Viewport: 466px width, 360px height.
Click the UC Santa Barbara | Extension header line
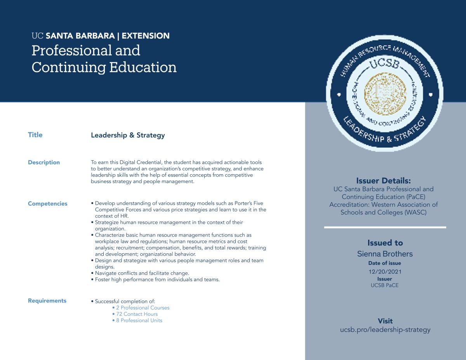click(101, 36)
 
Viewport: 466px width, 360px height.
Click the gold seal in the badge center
click(384, 92)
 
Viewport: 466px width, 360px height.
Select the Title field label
click(35, 135)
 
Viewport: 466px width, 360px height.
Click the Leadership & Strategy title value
click(128, 135)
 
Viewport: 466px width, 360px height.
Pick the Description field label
click(44, 163)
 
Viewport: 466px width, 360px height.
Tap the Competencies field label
click(47, 204)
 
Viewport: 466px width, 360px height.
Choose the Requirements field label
click(47, 301)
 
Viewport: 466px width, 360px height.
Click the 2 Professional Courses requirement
click(141, 308)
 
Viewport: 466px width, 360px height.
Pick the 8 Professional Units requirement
click(137, 320)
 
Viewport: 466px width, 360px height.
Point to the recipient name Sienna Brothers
click(385, 254)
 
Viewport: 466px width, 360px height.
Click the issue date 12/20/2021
click(385, 272)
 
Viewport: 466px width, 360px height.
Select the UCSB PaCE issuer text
click(385, 285)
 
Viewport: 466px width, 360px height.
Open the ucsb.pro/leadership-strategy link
click(385, 330)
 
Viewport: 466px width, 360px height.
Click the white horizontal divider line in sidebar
click(385, 227)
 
